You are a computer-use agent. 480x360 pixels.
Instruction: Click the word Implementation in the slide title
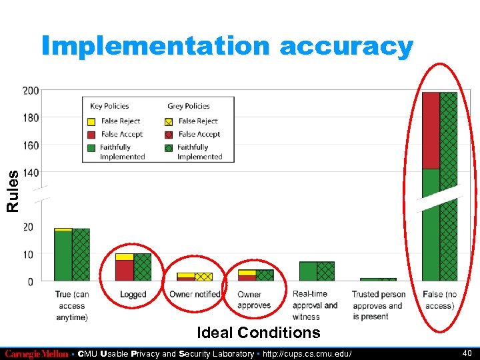click(x=155, y=46)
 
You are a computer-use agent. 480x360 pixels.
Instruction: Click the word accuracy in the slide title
click(x=347, y=46)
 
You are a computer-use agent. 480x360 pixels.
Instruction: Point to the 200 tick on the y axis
click(x=31, y=90)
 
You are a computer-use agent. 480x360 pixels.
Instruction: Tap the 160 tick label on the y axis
click(x=31, y=145)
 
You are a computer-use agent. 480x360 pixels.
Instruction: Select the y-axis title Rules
click(x=13, y=191)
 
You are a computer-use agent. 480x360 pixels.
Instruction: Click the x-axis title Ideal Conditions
click(x=259, y=332)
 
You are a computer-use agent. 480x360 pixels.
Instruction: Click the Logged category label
click(x=133, y=295)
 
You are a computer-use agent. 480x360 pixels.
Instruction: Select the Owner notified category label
click(x=195, y=295)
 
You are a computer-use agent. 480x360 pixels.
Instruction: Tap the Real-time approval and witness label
click(x=315, y=305)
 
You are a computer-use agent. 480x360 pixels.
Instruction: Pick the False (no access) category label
click(x=439, y=300)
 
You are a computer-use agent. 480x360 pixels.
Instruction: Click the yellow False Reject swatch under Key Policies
click(x=91, y=121)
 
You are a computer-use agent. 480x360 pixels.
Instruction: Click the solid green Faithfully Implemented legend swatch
click(x=91, y=147)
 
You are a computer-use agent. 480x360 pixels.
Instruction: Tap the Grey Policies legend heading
click(x=189, y=106)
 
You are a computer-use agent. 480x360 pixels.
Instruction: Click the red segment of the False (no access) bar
click(x=431, y=130)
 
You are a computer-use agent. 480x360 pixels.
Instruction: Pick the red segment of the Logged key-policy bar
click(x=124, y=270)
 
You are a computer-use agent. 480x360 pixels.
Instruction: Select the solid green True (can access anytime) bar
click(x=63, y=255)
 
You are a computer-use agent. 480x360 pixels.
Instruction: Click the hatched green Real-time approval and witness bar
click(x=325, y=271)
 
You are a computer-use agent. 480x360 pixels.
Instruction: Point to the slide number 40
click(x=466, y=353)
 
